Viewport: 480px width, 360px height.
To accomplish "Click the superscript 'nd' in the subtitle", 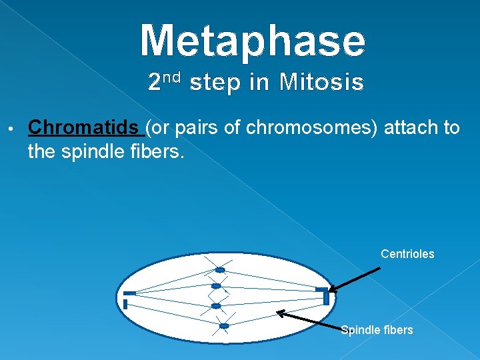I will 172,77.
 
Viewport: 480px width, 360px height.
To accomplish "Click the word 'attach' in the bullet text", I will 411,127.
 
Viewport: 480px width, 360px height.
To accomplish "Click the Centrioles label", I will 407,254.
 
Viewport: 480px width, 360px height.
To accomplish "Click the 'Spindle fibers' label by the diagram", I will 377,330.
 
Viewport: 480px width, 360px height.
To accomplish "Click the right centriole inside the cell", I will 323,293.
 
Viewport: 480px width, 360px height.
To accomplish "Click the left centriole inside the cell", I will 128,297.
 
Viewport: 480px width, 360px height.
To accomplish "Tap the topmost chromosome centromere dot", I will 219,270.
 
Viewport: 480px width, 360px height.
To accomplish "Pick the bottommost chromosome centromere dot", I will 224,326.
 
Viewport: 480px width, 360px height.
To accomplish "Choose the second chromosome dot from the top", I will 216,286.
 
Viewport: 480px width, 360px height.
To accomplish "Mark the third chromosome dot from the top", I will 216,306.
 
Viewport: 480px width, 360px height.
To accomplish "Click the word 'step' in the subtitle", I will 218,83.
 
